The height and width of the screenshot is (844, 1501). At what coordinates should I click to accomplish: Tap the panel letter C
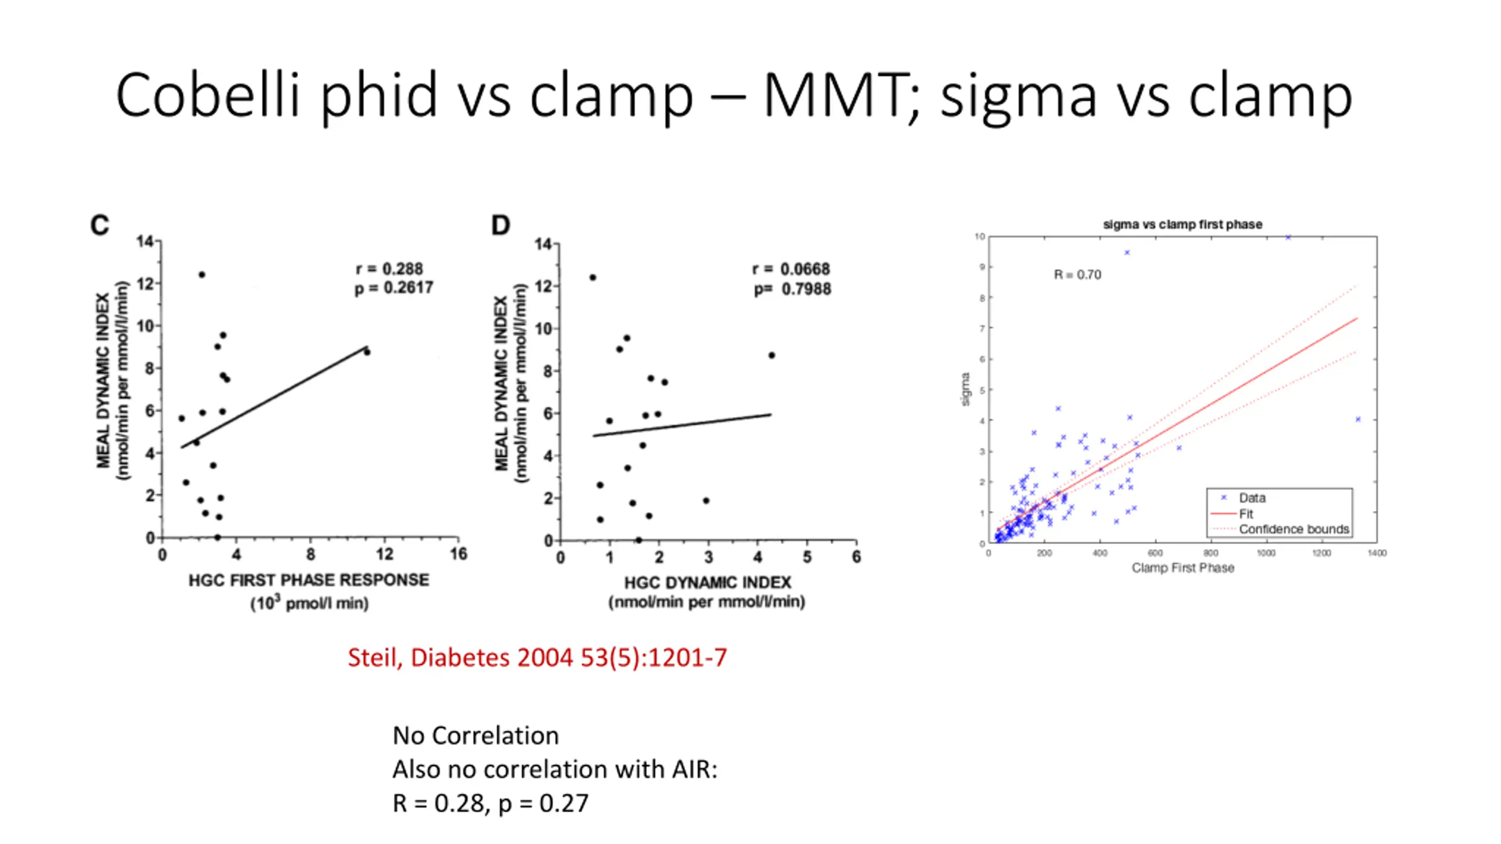click(x=100, y=226)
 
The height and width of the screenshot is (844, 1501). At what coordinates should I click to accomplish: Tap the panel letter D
click(x=500, y=226)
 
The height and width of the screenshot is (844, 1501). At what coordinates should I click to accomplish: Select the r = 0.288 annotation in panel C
click(x=389, y=269)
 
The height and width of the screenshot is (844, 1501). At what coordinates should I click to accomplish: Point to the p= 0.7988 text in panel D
click(x=792, y=289)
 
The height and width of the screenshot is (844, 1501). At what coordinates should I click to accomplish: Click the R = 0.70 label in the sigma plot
click(x=1077, y=275)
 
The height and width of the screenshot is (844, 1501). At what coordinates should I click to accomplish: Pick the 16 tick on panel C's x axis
click(x=459, y=554)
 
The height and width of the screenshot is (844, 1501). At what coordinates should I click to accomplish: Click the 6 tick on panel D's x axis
click(x=856, y=557)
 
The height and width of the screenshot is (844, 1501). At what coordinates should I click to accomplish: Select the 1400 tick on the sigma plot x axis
click(x=1377, y=553)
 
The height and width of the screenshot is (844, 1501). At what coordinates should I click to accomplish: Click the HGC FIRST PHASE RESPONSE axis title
click(x=308, y=580)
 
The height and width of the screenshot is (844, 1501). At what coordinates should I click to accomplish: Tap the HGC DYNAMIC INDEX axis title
click(x=707, y=583)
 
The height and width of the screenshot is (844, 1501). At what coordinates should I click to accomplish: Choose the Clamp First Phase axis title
click(x=1183, y=568)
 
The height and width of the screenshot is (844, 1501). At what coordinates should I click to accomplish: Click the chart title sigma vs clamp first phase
click(x=1182, y=224)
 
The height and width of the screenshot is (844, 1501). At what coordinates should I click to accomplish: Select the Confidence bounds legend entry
click(x=1293, y=529)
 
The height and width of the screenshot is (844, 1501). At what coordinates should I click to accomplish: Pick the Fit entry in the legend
click(x=1246, y=514)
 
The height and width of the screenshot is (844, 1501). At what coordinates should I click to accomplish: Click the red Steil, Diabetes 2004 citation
click(x=537, y=658)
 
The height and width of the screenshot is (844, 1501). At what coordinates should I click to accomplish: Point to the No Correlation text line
click(x=476, y=736)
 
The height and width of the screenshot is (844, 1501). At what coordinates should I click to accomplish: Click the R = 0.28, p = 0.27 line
click(x=490, y=803)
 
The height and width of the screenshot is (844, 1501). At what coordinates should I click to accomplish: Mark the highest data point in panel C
click(x=202, y=274)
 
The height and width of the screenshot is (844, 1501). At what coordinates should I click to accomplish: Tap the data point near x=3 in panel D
click(x=706, y=501)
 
